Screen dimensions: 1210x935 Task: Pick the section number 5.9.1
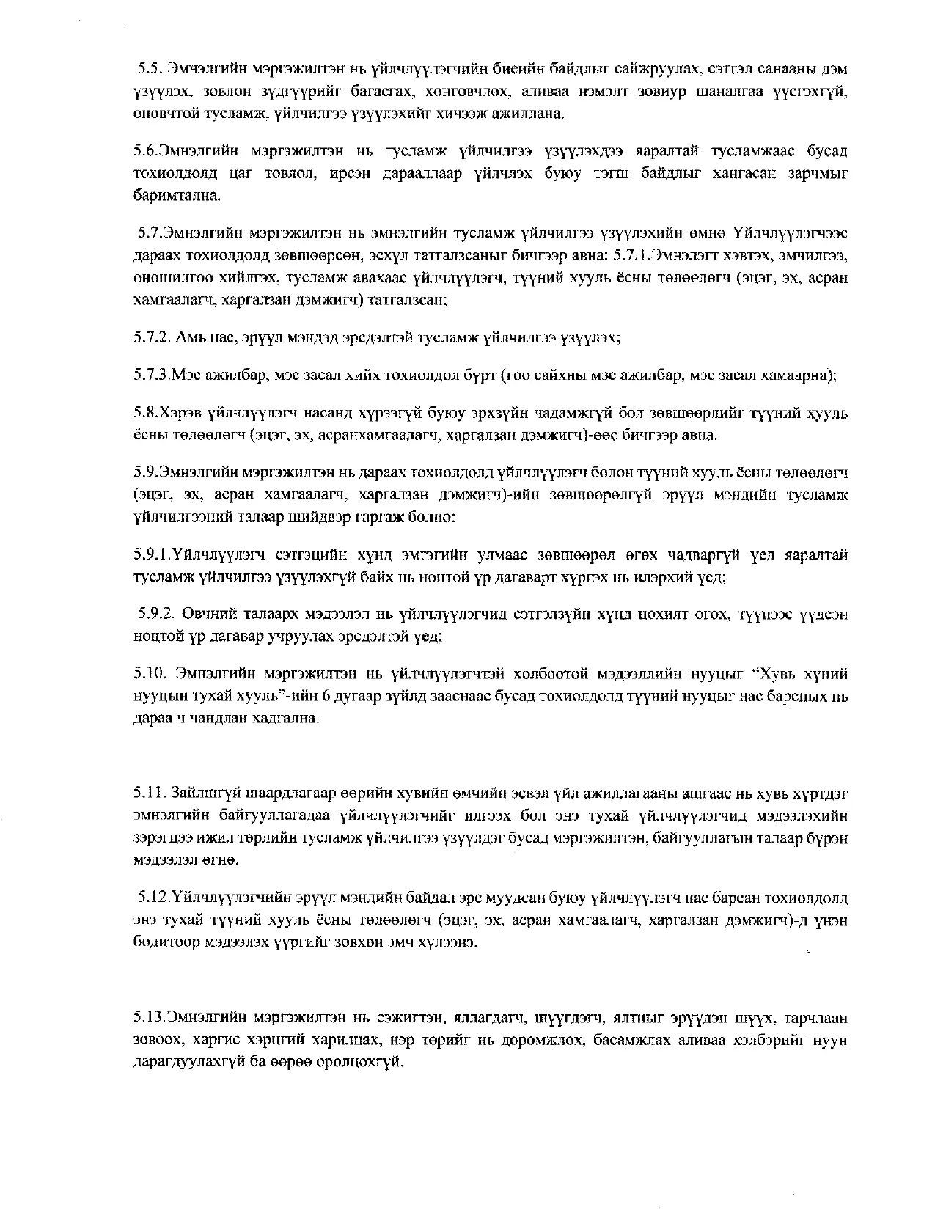[x=152, y=555]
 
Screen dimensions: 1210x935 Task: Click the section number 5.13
[x=149, y=1018]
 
